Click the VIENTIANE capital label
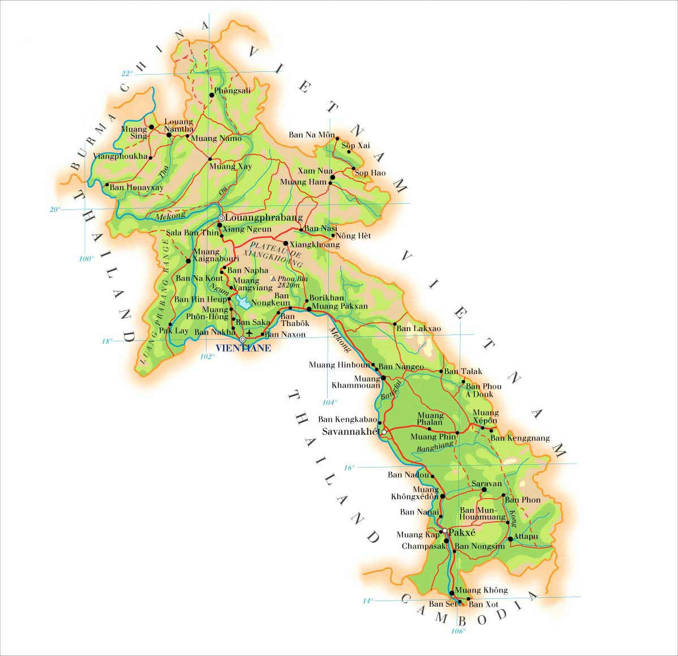(x=243, y=349)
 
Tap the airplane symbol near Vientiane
(x=249, y=332)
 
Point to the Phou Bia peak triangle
(x=274, y=278)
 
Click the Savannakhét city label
(x=350, y=432)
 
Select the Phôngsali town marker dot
(x=212, y=95)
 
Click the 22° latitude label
(x=127, y=73)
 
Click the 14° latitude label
(x=368, y=601)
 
